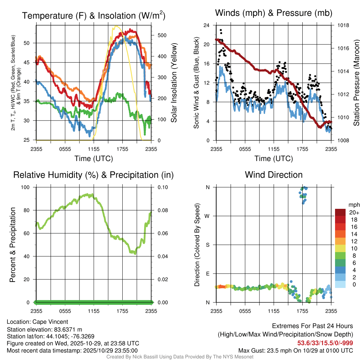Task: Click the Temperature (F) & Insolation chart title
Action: point(94,16)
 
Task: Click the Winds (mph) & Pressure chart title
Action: point(274,13)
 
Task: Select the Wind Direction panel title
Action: point(274,175)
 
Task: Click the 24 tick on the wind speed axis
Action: point(207,25)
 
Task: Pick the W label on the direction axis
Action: point(208,216)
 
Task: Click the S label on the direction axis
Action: point(208,245)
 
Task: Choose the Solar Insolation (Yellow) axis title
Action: point(174,83)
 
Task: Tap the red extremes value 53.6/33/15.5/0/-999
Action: point(325,343)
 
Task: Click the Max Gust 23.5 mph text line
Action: point(296,350)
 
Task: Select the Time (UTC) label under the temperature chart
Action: point(94,159)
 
